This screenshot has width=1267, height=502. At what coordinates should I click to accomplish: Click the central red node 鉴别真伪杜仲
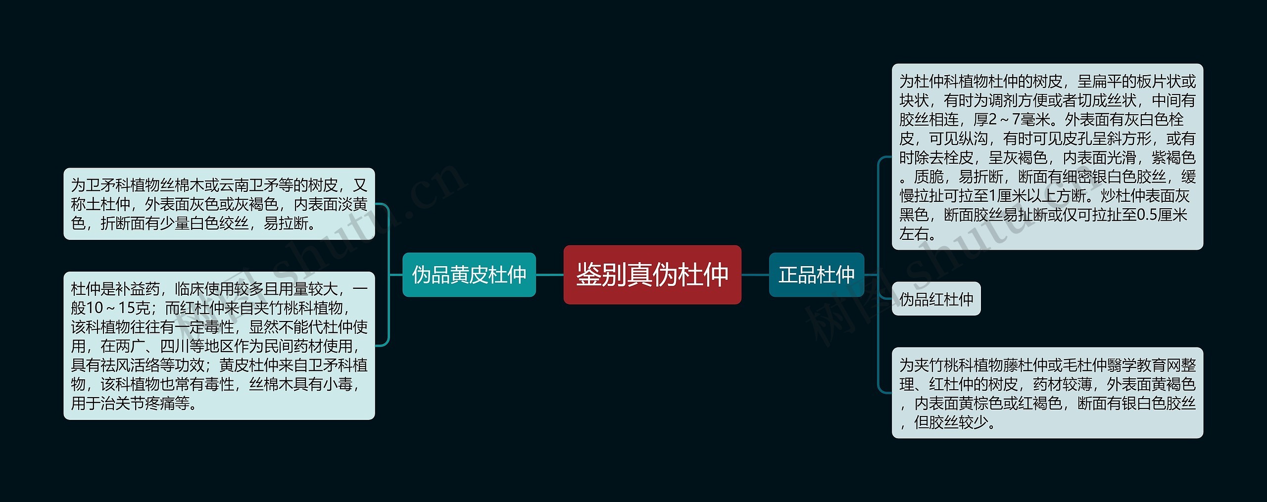pos(652,274)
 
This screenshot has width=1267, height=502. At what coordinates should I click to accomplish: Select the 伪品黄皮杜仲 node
pos(469,274)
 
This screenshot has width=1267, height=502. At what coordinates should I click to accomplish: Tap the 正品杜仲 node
pos(816,274)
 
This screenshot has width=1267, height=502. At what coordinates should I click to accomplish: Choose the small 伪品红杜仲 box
pos(936,299)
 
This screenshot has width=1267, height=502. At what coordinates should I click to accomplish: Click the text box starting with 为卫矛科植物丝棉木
pos(219,204)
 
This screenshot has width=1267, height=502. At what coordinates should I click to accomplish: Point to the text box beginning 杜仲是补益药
pos(219,345)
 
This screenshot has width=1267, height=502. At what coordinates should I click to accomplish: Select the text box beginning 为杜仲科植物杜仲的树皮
pos(1047,156)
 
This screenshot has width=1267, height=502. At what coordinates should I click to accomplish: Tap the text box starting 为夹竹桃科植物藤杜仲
pos(1047,393)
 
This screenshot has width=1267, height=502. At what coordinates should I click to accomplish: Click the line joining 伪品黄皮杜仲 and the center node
pos(549,274)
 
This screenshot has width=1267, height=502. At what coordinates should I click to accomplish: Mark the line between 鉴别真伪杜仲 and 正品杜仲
pos(755,274)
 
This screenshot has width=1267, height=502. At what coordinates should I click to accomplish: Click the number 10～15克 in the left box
pos(110,308)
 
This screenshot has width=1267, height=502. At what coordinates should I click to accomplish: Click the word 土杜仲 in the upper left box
pos(115,204)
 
